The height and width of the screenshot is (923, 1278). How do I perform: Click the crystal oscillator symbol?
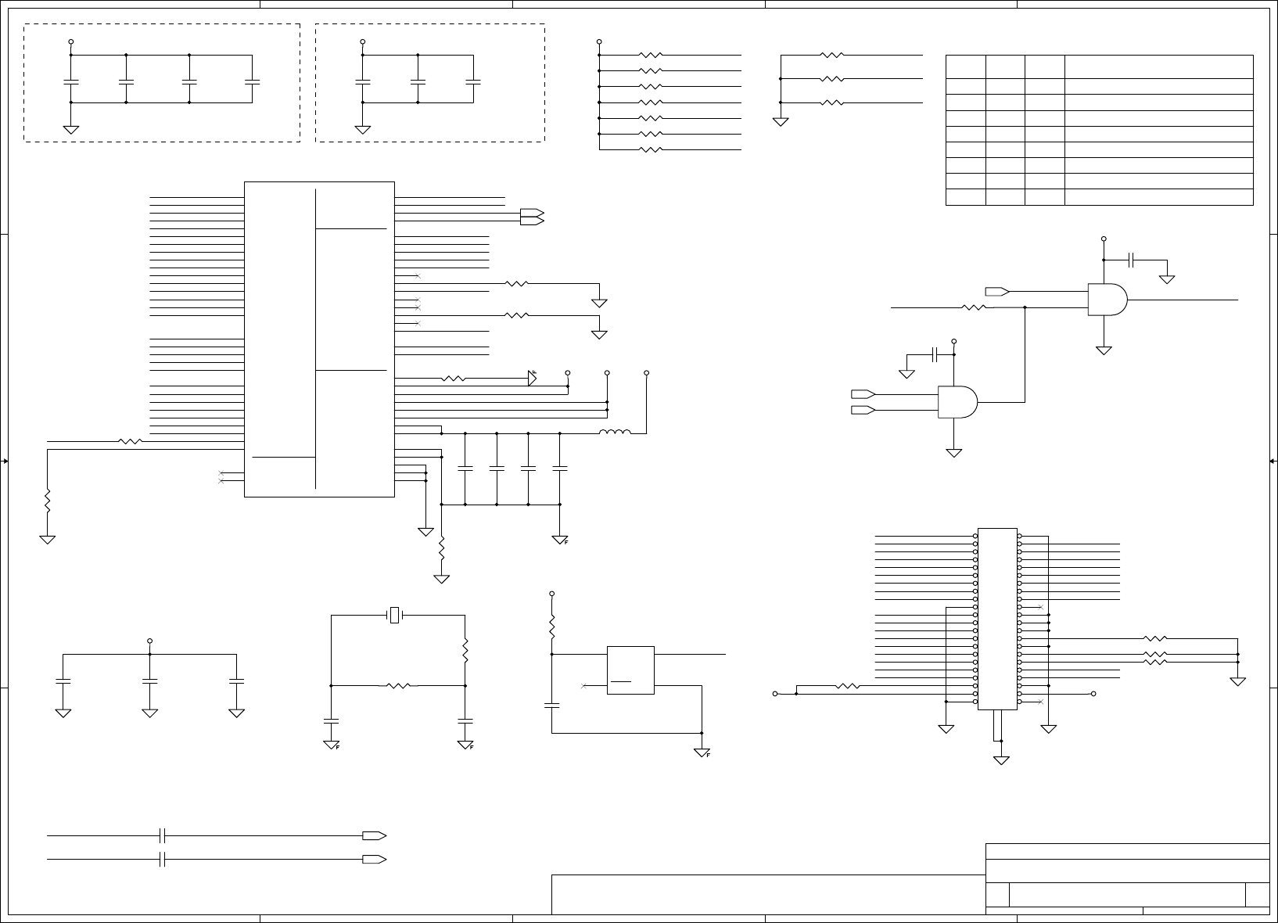(x=395, y=616)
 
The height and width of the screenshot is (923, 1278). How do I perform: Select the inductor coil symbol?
(x=615, y=432)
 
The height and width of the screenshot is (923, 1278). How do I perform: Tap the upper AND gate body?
(x=1107, y=300)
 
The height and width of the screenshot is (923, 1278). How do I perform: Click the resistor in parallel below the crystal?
(x=398, y=686)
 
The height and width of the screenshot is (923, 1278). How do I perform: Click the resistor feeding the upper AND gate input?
(x=974, y=307)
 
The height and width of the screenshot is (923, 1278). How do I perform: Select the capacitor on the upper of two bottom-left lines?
(x=163, y=835)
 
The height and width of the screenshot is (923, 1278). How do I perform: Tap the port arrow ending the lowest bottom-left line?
(x=374, y=859)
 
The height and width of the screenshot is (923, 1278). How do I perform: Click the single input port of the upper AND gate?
(x=996, y=292)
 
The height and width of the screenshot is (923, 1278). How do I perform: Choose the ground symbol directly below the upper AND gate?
(x=1104, y=350)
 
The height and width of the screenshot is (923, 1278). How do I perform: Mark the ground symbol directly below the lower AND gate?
(x=953, y=452)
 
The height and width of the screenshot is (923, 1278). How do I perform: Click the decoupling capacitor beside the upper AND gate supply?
(x=1132, y=260)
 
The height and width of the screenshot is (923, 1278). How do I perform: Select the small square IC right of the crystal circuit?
(x=630, y=670)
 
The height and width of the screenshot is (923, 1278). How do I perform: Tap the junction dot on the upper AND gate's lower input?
(x=1025, y=307)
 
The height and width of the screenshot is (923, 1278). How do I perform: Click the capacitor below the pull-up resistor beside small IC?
(x=551, y=705)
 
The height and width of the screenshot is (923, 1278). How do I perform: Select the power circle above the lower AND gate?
(x=953, y=341)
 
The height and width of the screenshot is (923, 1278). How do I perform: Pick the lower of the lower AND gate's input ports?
(x=863, y=409)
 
